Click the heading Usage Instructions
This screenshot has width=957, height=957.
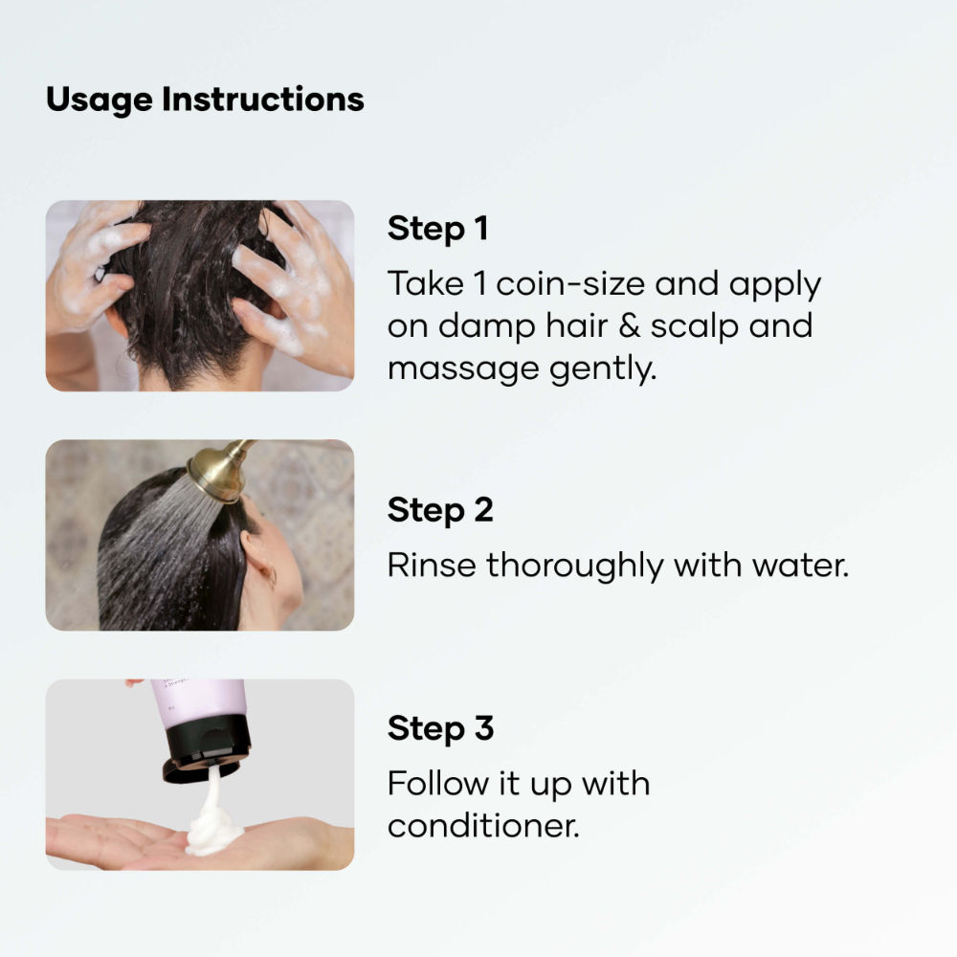tap(205, 100)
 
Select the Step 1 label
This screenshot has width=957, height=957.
tap(437, 230)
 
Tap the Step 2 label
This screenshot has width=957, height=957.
tap(440, 510)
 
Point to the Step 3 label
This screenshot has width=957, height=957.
tap(440, 728)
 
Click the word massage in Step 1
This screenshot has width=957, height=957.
tap(449, 368)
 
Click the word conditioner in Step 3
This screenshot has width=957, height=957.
tap(483, 825)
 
